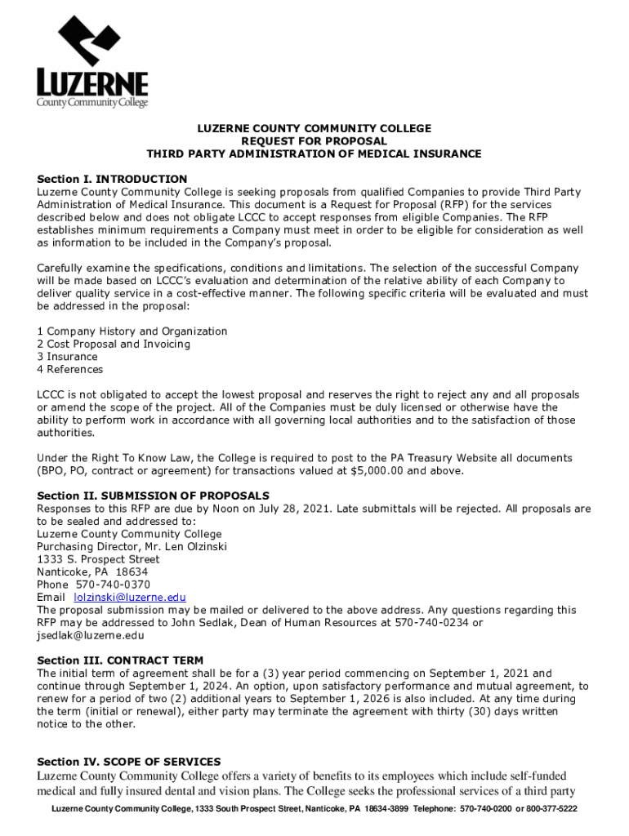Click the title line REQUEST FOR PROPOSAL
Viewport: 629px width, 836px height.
click(x=314, y=141)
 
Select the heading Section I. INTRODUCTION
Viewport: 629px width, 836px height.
click(x=112, y=179)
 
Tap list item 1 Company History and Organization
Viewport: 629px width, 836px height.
click(x=132, y=331)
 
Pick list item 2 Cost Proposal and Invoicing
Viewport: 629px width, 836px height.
click(x=114, y=344)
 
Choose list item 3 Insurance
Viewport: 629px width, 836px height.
click(x=67, y=357)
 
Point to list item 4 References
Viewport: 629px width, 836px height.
click(x=70, y=369)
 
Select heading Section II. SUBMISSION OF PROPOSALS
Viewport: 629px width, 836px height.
click(x=154, y=496)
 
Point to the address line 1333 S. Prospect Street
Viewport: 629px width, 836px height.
click(x=98, y=560)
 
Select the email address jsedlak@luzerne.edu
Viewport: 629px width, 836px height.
click(x=91, y=635)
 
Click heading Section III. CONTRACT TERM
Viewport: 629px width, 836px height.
click(x=120, y=660)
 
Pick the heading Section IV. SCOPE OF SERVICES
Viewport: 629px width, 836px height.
click(x=128, y=762)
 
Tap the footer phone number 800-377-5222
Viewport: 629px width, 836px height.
click(x=546, y=809)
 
